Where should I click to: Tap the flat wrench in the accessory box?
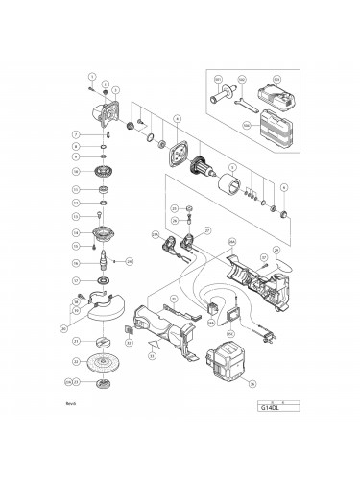tap(244, 99)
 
